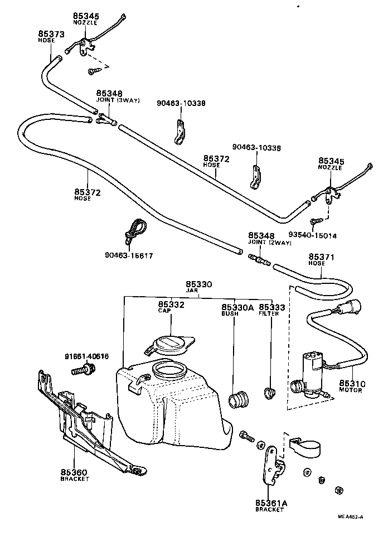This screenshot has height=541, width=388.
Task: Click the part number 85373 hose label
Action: tap(49, 34)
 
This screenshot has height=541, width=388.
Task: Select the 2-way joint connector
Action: tap(259, 259)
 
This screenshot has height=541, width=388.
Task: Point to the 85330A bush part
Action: tap(240, 399)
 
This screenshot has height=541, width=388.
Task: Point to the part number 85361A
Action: tap(271, 503)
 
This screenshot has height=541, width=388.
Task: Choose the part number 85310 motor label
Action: tap(353, 384)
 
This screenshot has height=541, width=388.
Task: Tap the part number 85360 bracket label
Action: tap(74, 472)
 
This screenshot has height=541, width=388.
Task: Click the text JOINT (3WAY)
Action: tap(118, 100)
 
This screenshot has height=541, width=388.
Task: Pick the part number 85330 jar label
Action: tap(199, 284)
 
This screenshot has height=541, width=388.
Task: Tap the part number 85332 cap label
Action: tap(171, 305)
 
